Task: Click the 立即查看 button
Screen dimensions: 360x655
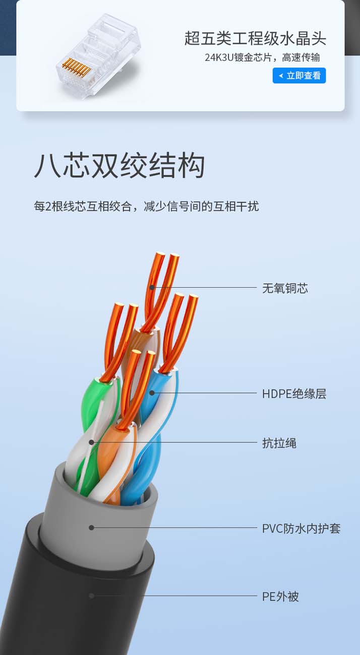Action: pyautogui.click(x=299, y=76)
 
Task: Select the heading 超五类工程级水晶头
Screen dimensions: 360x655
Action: pyautogui.click(x=255, y=38)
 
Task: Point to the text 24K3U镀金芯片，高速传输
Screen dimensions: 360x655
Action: pyautogui.click(x=262, y=57)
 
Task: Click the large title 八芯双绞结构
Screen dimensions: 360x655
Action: pyautogui.click(x=119, y=166)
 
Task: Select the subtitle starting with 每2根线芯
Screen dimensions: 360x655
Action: pyautogui.click(x=146, y=206)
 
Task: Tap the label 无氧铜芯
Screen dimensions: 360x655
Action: pyautogui.click(x=285, y=288)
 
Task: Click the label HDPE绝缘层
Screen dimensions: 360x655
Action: pyautogui.click(x=294, y=394)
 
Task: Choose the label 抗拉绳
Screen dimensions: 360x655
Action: pyautogui.click(x=279, y=443)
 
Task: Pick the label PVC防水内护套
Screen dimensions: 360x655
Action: pyautogui.click(x=301, y=529)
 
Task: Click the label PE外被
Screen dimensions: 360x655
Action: pyautogui.click(x=280, y=597)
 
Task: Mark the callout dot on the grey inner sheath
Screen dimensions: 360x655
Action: pyautogui.click(x=91, y=528)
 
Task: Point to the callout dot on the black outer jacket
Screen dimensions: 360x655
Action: pyautogui.click(x=91, y=596)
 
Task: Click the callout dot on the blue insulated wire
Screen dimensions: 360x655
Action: pyautogui.click(x=151, y=392)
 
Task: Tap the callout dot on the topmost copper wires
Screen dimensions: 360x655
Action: pyautogui.click(x=152, y=287)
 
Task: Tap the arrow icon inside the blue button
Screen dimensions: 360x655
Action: pyautogui.click(x=280, y=76)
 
